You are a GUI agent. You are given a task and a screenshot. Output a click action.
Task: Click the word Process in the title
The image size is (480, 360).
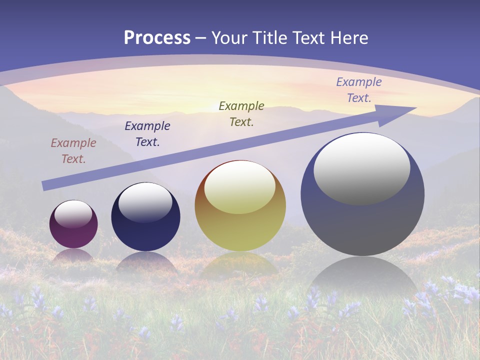pos(157,38)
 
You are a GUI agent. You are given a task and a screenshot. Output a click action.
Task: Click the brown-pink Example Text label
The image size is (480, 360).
pos(73,151)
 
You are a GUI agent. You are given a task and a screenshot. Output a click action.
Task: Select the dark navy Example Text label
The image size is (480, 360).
pos(147,134)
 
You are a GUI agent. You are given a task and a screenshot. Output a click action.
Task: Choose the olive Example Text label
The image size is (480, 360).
pos(241,113)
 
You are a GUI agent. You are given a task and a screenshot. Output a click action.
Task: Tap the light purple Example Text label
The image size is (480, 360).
pos(359,90)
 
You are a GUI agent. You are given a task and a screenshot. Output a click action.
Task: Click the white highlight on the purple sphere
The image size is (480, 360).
pos(73,213)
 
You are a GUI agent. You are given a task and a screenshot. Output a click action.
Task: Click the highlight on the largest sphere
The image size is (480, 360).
pos(362,169)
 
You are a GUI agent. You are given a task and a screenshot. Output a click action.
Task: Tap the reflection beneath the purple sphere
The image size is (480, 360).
pos(73,256)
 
